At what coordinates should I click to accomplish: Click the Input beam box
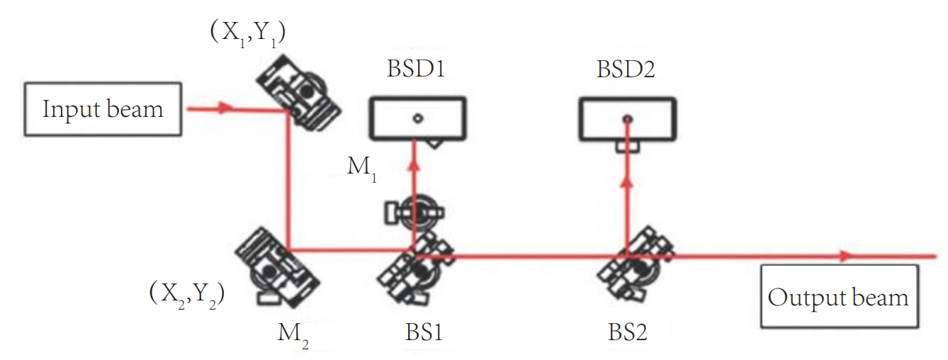tap(103, 110)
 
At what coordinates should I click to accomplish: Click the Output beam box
tap(838, 297)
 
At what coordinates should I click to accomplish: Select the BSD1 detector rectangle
tap(417, 118)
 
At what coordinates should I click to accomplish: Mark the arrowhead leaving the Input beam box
tap(225, 109)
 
